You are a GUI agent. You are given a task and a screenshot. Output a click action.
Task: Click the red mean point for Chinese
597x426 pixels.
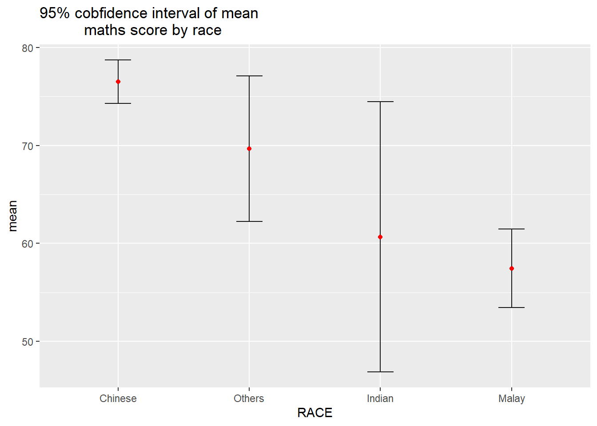coord(118,82)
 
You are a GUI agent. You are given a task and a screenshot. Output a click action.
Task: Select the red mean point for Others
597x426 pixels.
coord(249,149)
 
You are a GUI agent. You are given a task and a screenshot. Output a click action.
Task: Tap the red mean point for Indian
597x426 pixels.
coord(380,237)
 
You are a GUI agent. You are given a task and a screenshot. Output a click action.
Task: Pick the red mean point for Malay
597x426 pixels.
coord(512,268)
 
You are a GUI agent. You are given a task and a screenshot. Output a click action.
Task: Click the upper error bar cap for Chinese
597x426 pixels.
coord(118,60)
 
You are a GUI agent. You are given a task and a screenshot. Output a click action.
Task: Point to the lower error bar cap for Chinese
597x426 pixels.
coord(118,103)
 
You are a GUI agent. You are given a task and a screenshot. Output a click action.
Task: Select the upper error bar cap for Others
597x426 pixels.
coord(249,76)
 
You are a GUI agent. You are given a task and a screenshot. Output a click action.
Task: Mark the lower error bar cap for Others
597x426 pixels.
coord(249,221)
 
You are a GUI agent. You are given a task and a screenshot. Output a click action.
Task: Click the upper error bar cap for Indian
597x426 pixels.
coord(380,102)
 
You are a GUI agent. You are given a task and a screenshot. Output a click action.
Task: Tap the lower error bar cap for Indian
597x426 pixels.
coord(380,372)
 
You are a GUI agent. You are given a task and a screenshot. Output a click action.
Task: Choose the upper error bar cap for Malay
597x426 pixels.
coord(512,229)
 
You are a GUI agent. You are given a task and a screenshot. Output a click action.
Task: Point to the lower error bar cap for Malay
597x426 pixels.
coord(512,308)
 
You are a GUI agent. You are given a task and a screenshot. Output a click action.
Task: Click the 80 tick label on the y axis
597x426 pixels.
coord(28,48)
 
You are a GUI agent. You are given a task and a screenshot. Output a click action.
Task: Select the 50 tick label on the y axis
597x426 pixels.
coord(28,342)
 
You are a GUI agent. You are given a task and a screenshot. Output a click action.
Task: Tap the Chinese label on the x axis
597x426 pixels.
coord(118,398)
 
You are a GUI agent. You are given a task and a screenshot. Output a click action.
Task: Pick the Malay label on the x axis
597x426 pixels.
coord(512,398)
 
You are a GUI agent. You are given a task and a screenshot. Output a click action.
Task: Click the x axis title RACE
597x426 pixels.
coord(315,413)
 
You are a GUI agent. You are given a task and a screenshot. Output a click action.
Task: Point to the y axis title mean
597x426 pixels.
coord(12,216)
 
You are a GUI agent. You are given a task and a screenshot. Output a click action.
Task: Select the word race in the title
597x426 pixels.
coord(207,30)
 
